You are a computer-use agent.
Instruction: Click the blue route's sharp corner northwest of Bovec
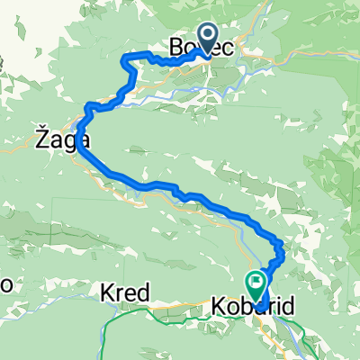[x=126, y=57]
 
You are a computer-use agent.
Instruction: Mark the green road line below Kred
[x=135, y=315]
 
